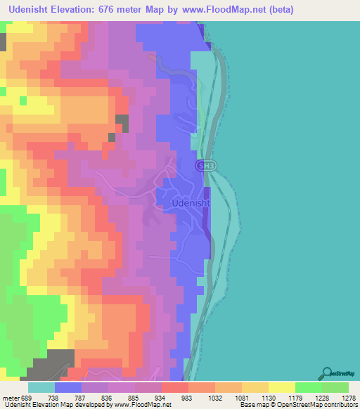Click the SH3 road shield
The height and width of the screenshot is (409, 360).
click(x=205, y=164)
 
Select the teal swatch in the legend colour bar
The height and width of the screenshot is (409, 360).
click(x=41, y=387)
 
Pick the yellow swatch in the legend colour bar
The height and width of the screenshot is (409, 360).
click(x=281, y=387)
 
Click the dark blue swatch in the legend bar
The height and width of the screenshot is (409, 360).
click(x=68, y=387)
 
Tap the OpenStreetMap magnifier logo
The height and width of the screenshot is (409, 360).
click(x=328, y=372)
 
